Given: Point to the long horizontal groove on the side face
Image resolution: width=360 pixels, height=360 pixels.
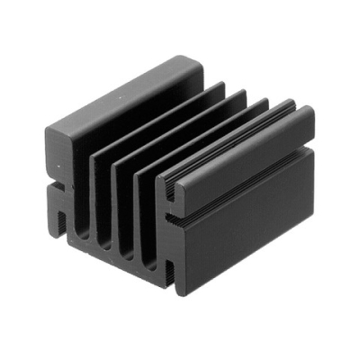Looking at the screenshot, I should pyautogui.click(x=243, y=193).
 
